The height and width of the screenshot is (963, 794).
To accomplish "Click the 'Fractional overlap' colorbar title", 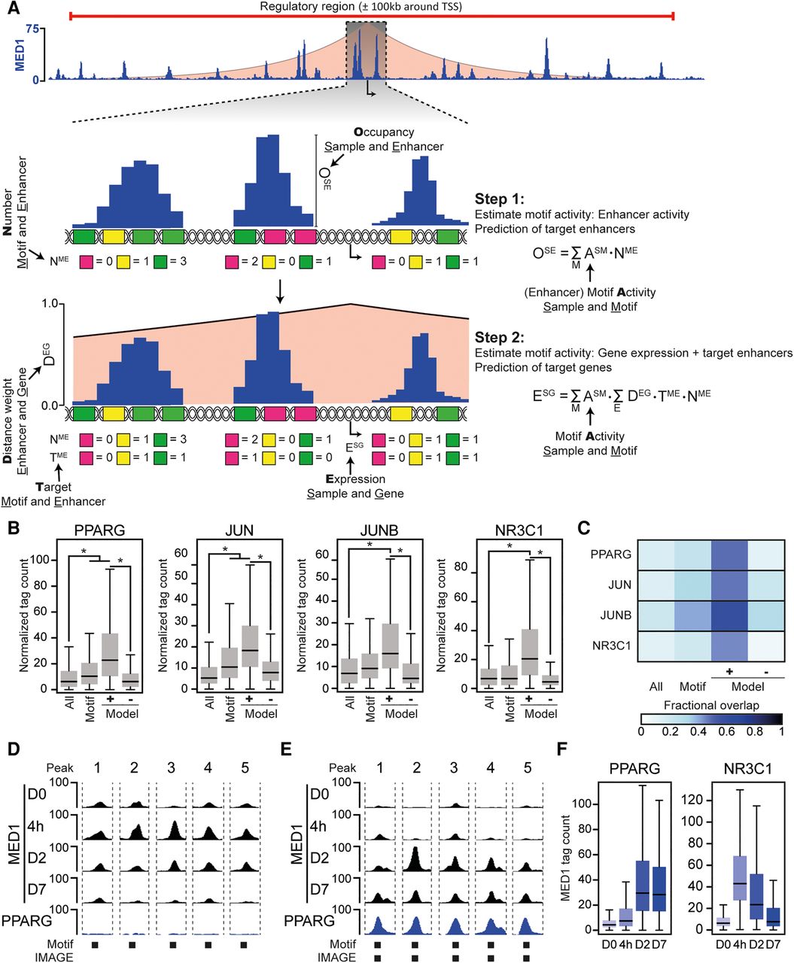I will pos(711,705).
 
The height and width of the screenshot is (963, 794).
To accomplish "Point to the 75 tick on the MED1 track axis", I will pos(31,29).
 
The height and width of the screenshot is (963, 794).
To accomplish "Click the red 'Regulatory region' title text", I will pos(360,7).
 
